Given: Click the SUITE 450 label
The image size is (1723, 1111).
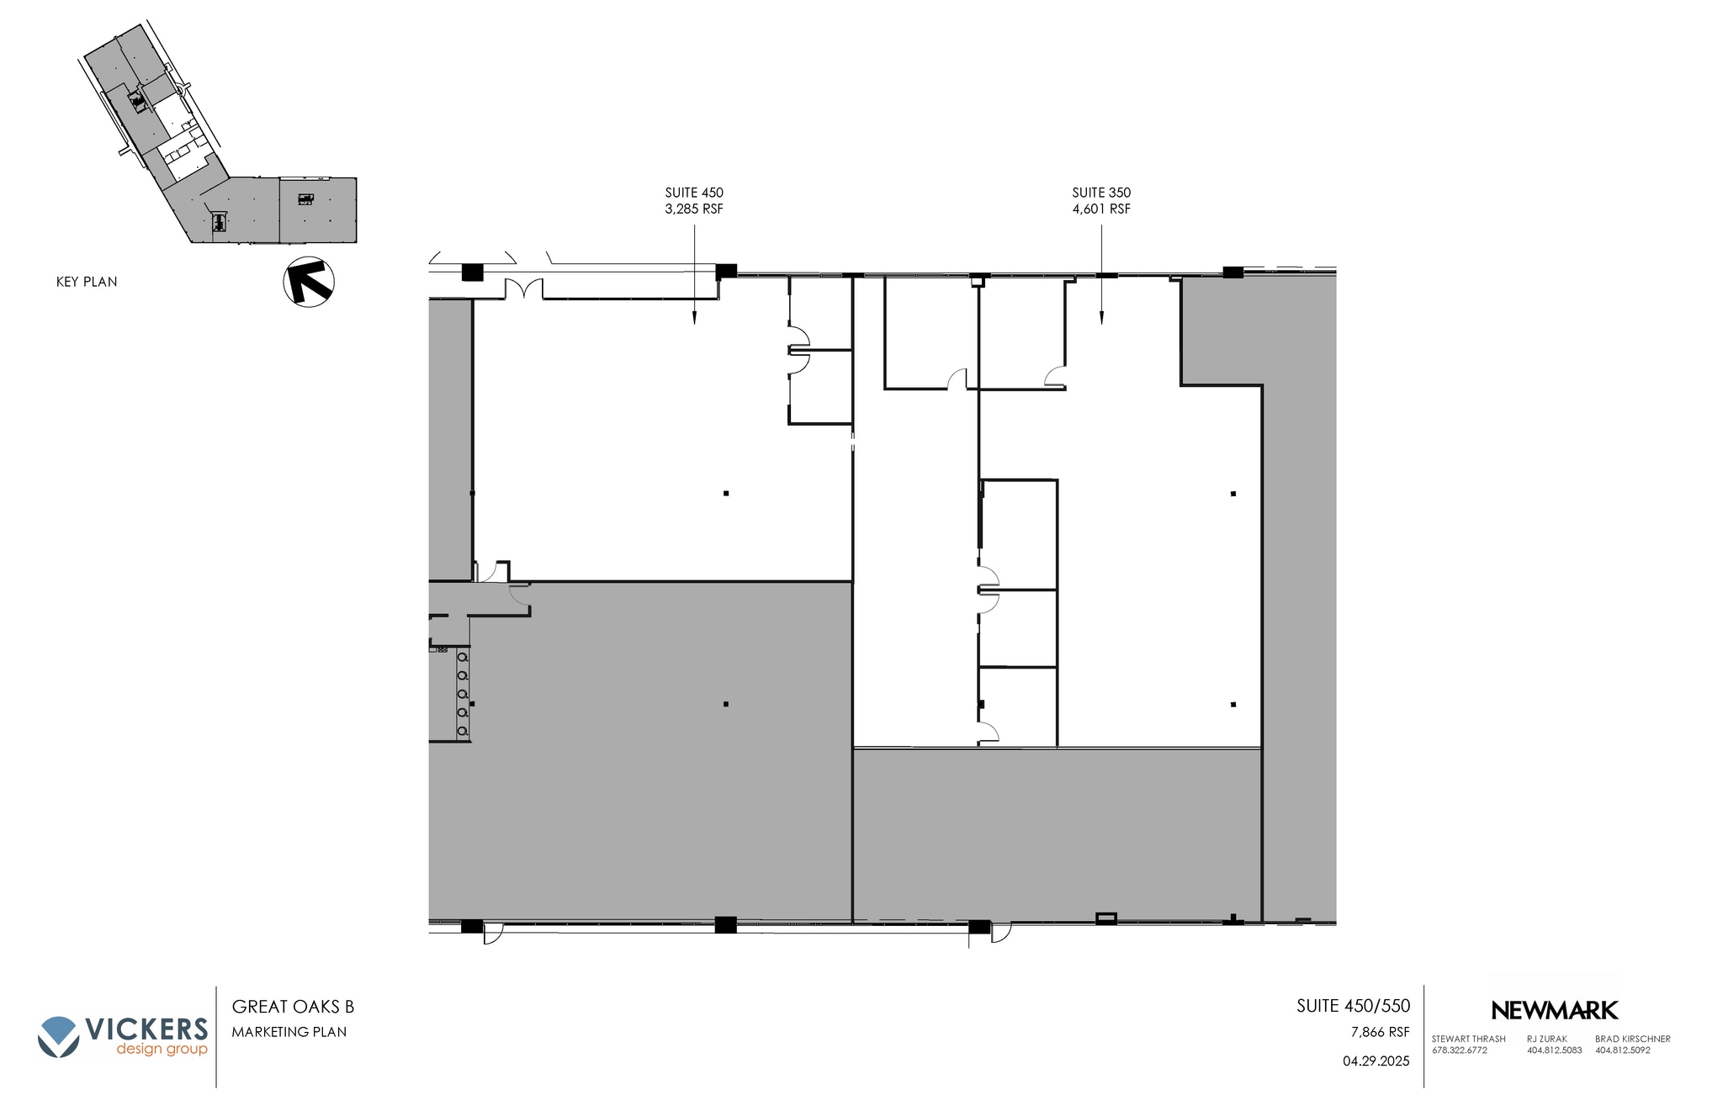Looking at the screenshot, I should (x=694, y=193).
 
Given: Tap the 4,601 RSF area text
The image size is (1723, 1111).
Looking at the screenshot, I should (x=1101, y=209).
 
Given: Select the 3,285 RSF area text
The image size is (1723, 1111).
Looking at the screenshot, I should (x=694, y=209).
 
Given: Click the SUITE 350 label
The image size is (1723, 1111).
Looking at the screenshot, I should (x=1101, y=193).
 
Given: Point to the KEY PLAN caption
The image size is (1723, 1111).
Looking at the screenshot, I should (x=87, y=282).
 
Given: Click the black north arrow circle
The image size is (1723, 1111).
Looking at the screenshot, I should (x=309, y=282).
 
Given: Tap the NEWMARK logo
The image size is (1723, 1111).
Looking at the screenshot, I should (x=1554, y=1010).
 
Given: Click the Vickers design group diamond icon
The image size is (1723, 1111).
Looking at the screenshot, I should (x=58, y=1036).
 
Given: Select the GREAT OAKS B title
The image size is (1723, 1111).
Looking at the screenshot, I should (x=293, y=1007).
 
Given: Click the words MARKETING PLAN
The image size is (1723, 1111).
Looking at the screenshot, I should (x=289, y=1032).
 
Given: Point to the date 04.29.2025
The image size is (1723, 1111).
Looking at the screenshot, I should (x=1376, y=1061).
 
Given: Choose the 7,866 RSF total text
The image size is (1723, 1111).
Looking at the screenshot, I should (x=1380, y=1032).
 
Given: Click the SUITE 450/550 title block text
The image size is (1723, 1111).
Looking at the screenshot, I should (x=1353, y=1006).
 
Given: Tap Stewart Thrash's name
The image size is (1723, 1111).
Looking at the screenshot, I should (x=1468, y=1039).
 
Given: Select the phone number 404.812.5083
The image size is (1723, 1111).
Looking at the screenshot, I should (x=1554, y=1050).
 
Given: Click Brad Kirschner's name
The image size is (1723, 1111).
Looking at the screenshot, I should (x=1632, y=1039).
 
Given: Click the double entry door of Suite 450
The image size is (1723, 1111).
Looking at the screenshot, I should (x=524, y=288).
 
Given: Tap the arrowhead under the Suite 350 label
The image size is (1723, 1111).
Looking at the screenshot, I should (x=1101, y=319).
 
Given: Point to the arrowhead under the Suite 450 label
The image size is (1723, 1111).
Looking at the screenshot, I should (x=694, y=319).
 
